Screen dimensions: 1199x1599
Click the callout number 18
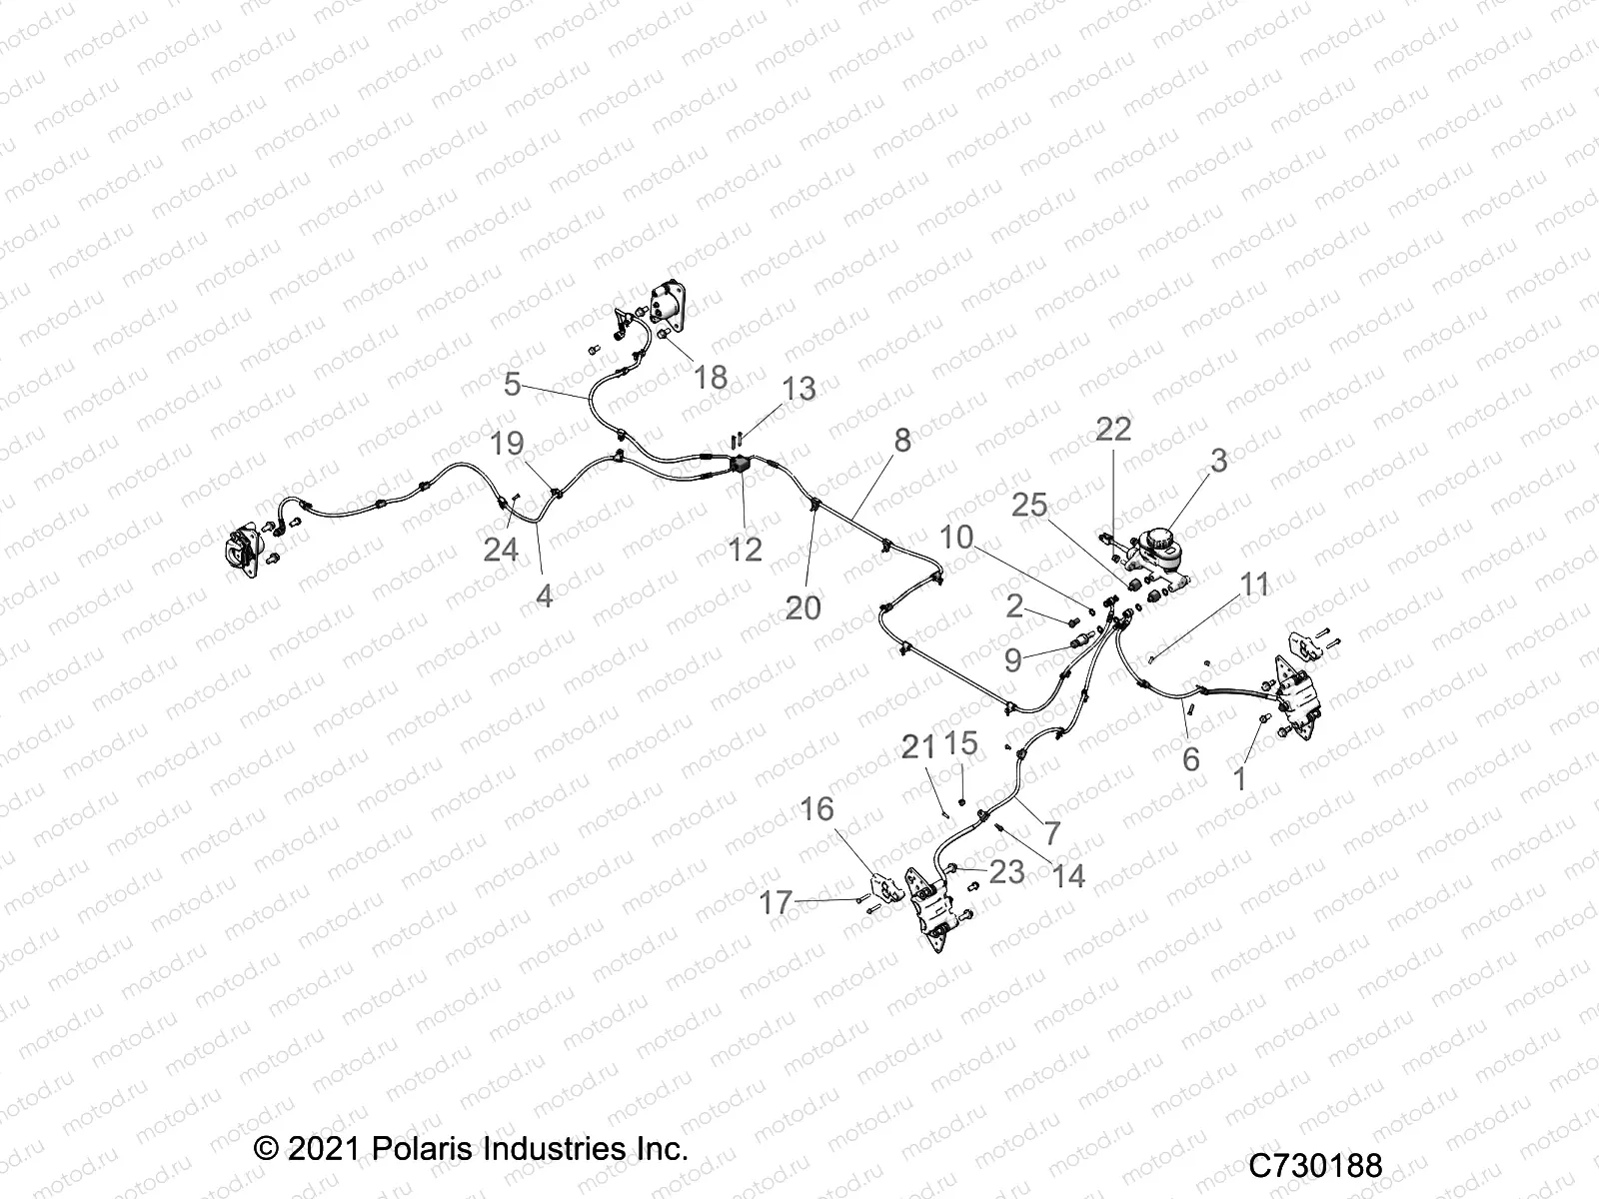click(x=711, y=378)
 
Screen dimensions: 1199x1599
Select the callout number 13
click(x=798, y=389)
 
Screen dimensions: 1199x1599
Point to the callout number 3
click(x=1218, y=462)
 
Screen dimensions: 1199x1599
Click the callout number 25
click(x=1029, y=506)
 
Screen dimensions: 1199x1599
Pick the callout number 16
click(x=816, y=809)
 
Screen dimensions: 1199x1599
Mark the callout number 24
click(x=501, y=549)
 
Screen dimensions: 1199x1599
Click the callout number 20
click(x=802, y=606)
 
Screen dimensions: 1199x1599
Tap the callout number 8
click(x=902, y=440)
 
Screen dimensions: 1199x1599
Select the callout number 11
click(x=1254, y=585)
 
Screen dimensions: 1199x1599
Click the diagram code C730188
click(x=1316, y=1166)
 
